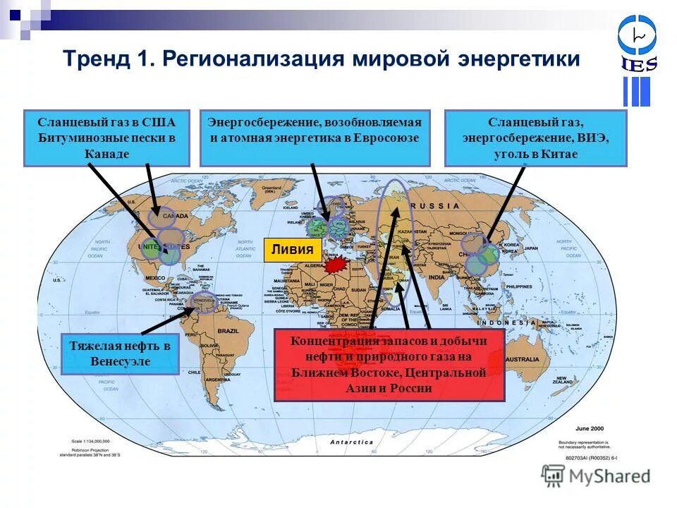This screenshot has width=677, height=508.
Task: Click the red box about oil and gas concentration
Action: click(389, 365)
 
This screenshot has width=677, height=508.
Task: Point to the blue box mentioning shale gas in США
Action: click(106, 138)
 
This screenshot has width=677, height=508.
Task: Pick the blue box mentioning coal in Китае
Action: click(535, 138)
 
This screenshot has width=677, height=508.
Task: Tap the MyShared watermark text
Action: click(606, 476)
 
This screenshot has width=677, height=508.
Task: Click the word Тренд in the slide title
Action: click(94, 59)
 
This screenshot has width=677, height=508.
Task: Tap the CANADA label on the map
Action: click(175, 215)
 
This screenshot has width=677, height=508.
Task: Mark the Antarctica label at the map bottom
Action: click(352, 442)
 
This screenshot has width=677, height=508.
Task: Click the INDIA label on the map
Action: click(437, 277)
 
